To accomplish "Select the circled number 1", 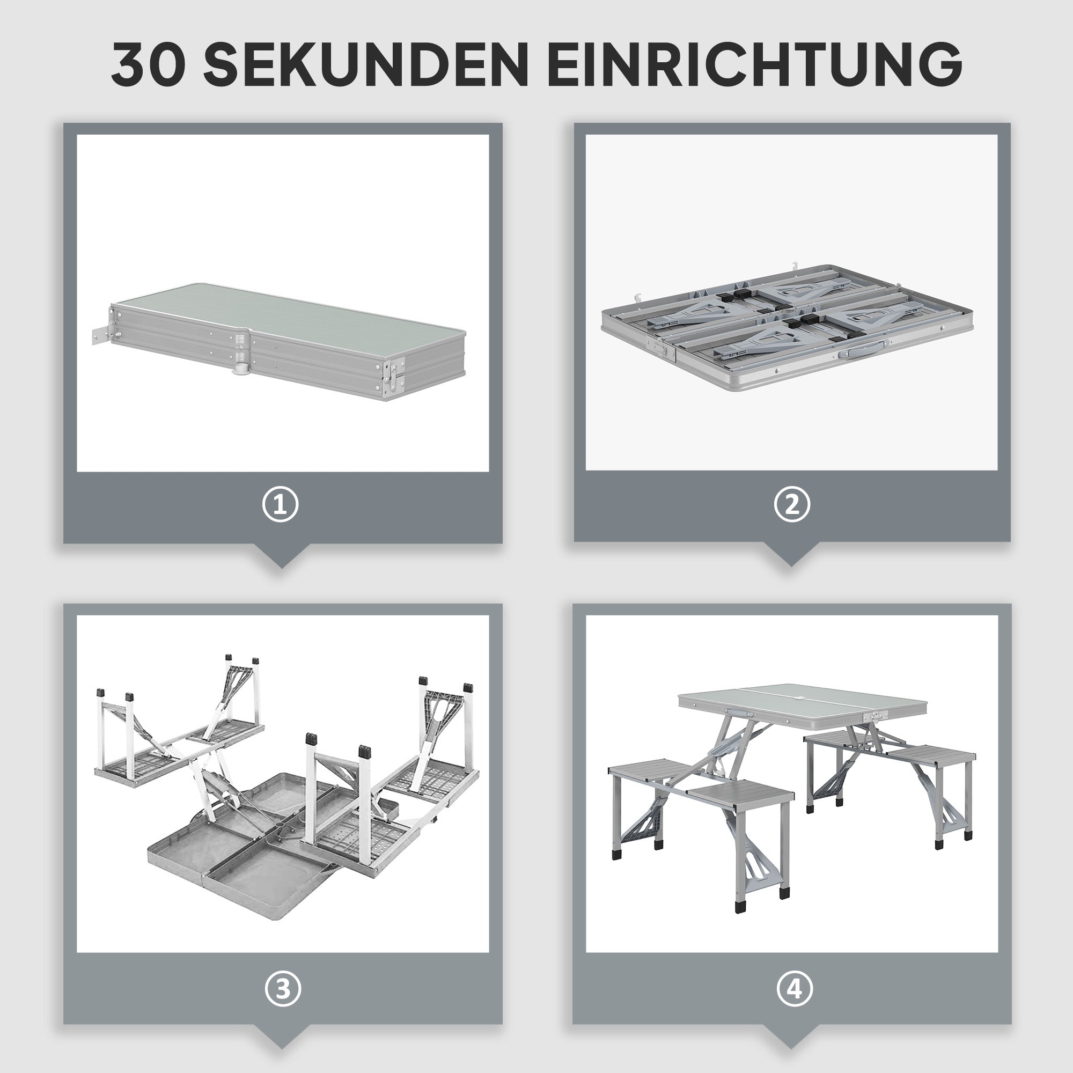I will point(281,504).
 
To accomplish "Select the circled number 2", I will point(792,504).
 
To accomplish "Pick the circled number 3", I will point(283,989).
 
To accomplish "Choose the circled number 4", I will point(795,989).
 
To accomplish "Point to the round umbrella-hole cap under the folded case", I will point(240,367).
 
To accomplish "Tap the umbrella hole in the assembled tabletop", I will point(799,697).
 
